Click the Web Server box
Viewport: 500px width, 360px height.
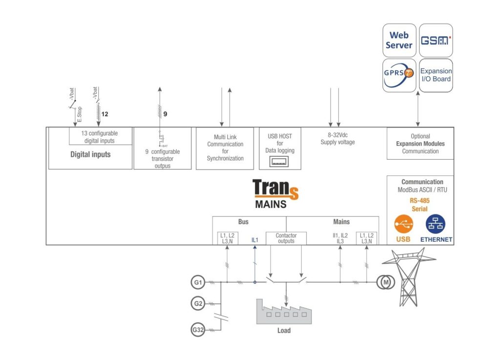(399, 41)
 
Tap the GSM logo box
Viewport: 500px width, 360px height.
(436, 41)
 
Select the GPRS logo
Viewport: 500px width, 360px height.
(399, 76)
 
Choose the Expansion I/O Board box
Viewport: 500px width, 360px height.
(436, 75)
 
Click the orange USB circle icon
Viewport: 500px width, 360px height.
(403, 224)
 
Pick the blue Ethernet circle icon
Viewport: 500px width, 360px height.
(436, 224)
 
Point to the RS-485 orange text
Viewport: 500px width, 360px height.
(419, 200)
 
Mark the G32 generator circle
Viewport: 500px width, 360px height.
(198, 330)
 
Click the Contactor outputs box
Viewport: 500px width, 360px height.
(286, 238)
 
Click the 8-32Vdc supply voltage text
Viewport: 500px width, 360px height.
(336, 139)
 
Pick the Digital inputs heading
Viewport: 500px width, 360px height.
(91, 154)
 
